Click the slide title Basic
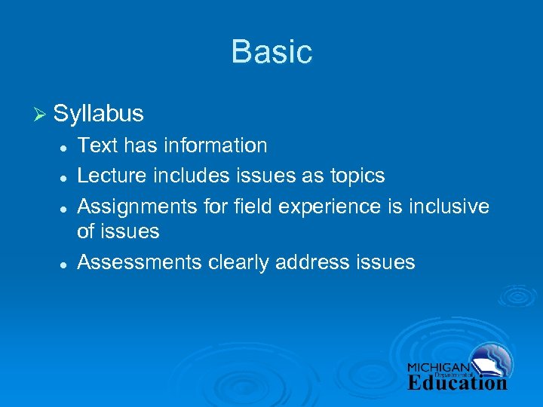(x=271, y=52)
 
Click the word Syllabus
(x=99, y=114)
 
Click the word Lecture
(x=112, y=176)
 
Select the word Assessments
(x=140, y=262)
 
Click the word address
(x=315, y=262)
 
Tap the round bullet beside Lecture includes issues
(x=66, y=177)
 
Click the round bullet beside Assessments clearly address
(x=66, y=264)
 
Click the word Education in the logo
(x=457, y=382)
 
